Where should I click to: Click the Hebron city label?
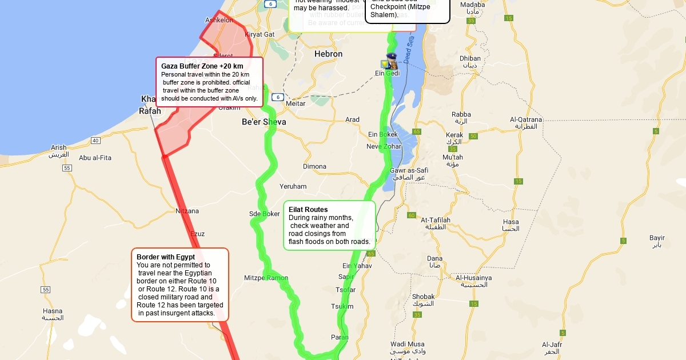[328, 54]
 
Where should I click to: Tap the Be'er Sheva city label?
[264, 122]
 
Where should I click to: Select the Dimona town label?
[314, 167]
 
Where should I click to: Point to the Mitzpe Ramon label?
[266, 278]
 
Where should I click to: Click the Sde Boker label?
[265, 214]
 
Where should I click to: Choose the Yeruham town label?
[293, 186]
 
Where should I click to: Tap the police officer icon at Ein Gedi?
[392, 61]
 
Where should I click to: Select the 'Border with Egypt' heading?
[166, 257]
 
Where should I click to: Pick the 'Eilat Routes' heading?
[308, 210]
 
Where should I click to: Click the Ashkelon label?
[219, 20]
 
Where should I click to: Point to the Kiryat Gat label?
[260, 34]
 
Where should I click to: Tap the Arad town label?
[353, 119]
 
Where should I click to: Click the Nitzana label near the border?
[187, 211]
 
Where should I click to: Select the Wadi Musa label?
[407, 344]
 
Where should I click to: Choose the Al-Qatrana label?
[526, 119]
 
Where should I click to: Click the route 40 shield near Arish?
[95, 141]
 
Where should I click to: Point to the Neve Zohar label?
[384, 147]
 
